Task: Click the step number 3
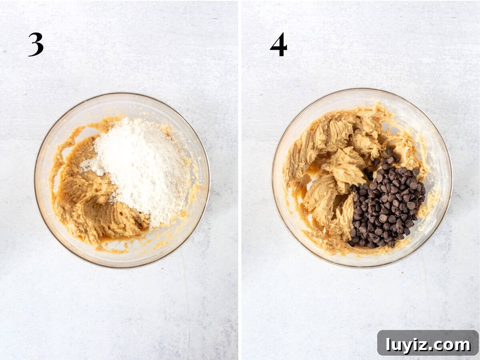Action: click(x=36, y=44)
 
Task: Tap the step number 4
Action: click(x=278, y=44)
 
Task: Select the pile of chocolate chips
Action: click(x=386, y=203)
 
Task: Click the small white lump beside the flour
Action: click(x=100, y=172)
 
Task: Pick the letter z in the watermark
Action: click(x=425, y=345)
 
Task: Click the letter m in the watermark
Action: click(x=461, y=345)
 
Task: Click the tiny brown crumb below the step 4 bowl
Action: click(x=402, y=273)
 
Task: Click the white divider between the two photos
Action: click(x=240, y=180)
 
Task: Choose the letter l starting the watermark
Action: click(x=388, y=344)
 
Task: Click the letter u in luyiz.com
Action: click(x=397, y=345)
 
